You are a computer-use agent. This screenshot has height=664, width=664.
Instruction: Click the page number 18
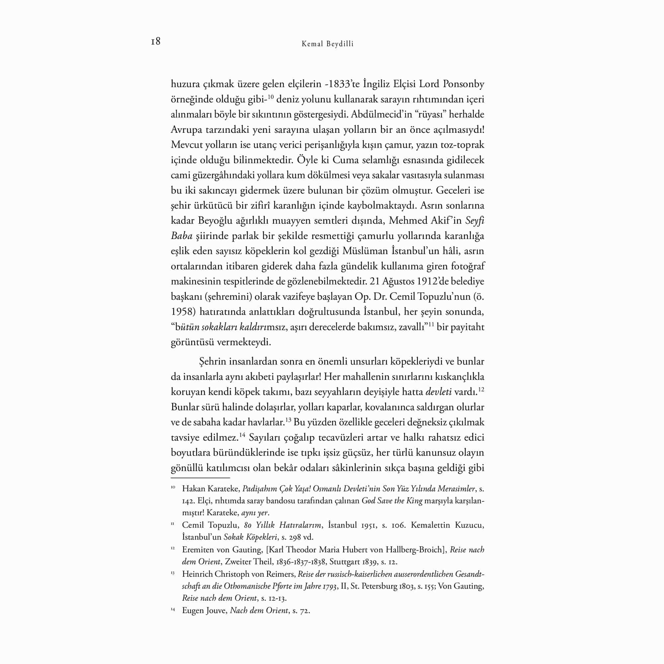(x=155, y=41)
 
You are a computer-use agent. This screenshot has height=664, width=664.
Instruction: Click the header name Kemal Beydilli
(x=327, y=44)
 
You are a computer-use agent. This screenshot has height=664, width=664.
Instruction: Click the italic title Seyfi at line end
(x=475, y=221)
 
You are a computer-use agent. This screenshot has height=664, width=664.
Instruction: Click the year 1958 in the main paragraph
(x=183, y=312)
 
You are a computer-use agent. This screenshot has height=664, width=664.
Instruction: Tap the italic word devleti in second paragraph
(x=439, y=392)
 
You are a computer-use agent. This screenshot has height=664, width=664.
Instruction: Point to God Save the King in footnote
(x=392, y=501)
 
